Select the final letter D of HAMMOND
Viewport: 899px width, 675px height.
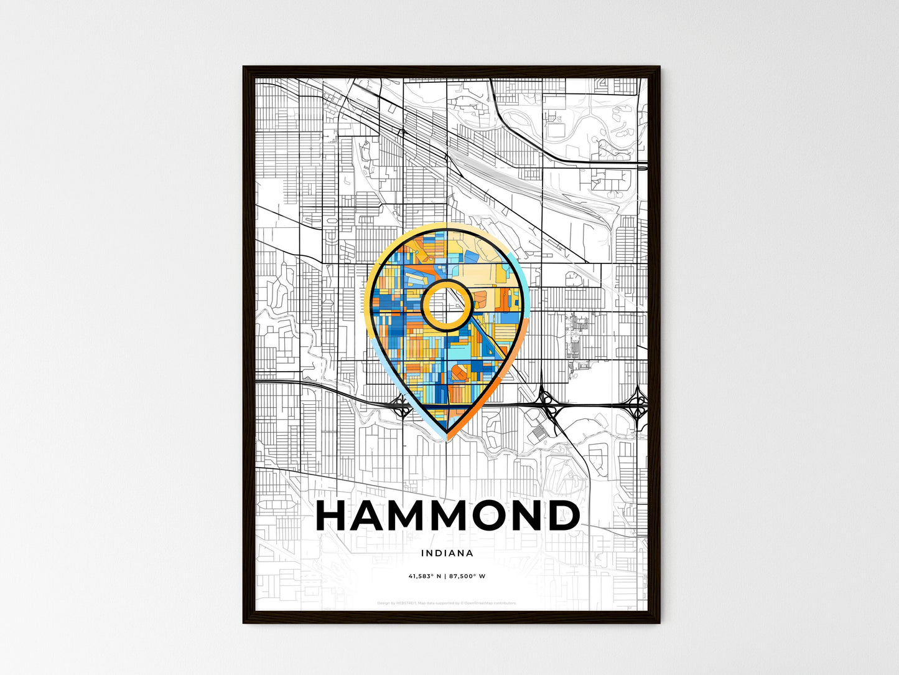tap(561, 516)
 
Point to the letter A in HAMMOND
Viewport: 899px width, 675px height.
tap(374, 516)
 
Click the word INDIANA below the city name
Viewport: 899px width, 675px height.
tap(447, 553)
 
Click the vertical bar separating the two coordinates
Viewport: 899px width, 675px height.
tap(445, 576)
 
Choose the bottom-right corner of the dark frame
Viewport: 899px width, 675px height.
tap(659, 623)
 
